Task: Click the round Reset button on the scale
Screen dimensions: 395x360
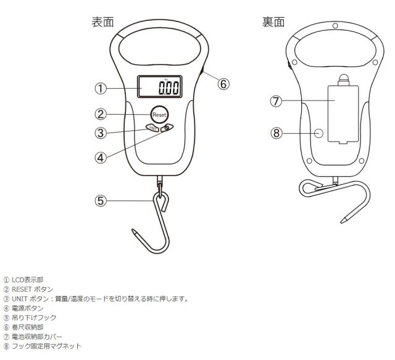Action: (x=159, y=115)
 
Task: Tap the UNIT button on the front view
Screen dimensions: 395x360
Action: (x=152, y=128)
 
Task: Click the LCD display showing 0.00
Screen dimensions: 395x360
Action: (x=159, y=86)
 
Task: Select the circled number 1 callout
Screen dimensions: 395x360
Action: (x=101, y=88)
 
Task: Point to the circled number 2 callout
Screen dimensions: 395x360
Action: (x=101, y=114)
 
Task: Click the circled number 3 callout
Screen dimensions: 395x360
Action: (x=101, y=133)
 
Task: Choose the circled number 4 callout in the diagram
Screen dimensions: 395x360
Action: (x=101, y=158)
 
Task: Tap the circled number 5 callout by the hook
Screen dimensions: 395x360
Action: (x=101, y=201)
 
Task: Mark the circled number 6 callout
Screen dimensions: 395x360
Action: (x=223, y=84)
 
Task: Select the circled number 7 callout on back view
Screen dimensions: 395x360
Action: (x=276, y=101)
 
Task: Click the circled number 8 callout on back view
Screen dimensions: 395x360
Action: (x=276, y=133)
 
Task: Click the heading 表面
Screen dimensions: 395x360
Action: (x=103, y=22)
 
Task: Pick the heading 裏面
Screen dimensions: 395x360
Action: (x=273, y=22)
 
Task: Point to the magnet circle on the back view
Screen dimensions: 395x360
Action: (x=318, y=133)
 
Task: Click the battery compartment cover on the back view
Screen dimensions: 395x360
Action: (x=343, y=115)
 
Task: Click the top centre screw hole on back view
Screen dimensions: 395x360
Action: (x=335, y=26)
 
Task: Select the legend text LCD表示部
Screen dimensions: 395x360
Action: (x=27, y=280)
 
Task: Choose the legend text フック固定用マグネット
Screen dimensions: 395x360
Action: (x=47, y=346)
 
